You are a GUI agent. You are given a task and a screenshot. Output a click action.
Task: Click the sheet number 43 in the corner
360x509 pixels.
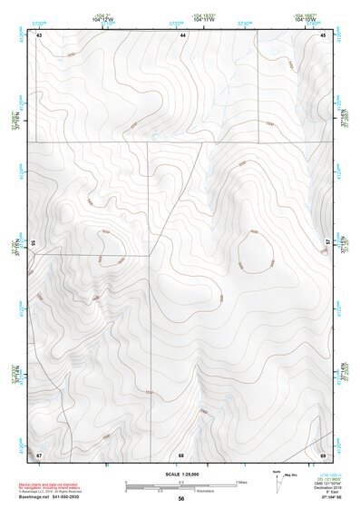click(39, 34)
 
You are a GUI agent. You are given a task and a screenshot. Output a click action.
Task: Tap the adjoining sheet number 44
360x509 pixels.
click(182, 34)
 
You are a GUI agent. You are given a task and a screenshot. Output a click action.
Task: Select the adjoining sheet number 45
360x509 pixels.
click(324, 34)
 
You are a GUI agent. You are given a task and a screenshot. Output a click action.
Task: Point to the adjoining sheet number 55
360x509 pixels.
click(33, 243)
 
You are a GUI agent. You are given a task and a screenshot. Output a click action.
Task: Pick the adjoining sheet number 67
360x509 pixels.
click(39, 454)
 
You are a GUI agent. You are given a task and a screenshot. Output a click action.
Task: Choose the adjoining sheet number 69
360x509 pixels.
click(324, 454)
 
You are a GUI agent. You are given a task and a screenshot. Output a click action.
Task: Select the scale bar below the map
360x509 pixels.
click(181, 486)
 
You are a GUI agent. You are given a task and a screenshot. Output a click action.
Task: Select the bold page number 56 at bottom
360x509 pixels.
click(181, 500)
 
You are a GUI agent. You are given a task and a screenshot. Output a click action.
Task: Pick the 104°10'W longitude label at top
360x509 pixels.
click(304, 18)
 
